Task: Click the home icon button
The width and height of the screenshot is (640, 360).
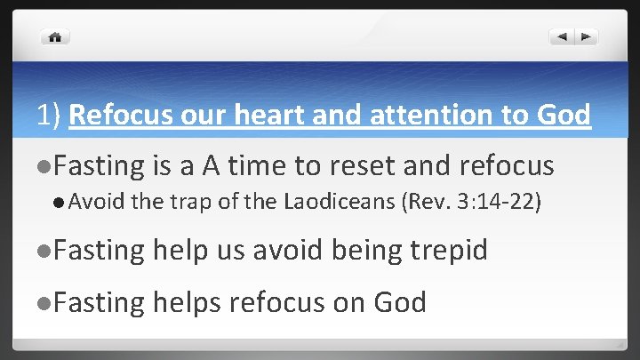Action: (x=55, y=37)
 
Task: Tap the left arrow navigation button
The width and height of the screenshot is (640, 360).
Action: (x=561, y=37)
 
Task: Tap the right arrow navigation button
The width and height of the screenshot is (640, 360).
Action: (x=586, y=37)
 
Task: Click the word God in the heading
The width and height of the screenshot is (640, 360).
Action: (x=564, y=116)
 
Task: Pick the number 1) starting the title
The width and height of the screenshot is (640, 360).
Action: (x=48, y=116)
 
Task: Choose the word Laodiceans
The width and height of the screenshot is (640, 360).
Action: (x=341, y=202)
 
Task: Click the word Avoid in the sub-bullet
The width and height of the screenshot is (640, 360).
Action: (x=98, y=202)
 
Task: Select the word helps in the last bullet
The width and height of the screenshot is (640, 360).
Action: (x=187, y=302)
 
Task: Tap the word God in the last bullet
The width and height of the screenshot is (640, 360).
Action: (x=399, y=302)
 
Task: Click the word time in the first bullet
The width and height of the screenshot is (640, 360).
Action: (x=257, y=165)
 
